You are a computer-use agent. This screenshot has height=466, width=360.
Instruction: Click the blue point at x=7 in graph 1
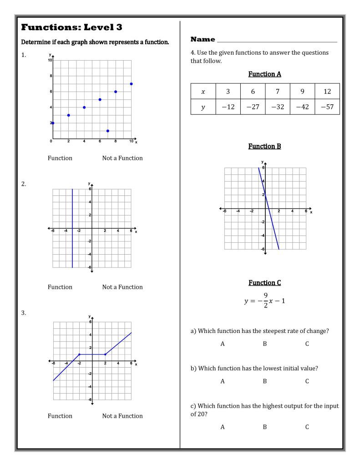(x=108, y=131)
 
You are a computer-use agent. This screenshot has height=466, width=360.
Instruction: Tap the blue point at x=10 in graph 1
(x=131, y=84)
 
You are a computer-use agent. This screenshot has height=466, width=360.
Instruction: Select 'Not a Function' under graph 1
(x=122, y=158)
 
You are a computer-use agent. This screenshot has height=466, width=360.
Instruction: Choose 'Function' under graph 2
(x=60, y=287)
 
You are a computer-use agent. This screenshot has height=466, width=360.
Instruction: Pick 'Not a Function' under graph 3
(x=122, y=416)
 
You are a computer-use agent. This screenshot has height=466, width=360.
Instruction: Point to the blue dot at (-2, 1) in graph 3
(x=79, y=354)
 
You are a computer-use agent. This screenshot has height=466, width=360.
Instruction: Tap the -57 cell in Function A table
(x=327, y=107)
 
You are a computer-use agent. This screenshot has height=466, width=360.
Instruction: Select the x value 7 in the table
(x=278, y=91)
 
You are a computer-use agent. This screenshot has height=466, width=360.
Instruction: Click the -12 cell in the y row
(x=228, y=107)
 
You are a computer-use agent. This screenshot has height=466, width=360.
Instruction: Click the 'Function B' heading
(x=264, y=146)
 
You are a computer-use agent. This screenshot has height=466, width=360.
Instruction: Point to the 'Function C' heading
(x=264, y=283)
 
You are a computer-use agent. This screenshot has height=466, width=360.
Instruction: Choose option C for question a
(x=307, y=344)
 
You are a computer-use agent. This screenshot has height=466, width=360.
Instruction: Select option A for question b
(x=223, y=381)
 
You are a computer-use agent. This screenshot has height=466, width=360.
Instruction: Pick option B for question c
(x=264, y=427)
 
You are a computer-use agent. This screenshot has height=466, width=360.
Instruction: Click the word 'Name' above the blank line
(x=203, y=40)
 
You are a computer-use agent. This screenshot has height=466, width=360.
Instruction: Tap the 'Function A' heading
(x=264, y=73)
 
